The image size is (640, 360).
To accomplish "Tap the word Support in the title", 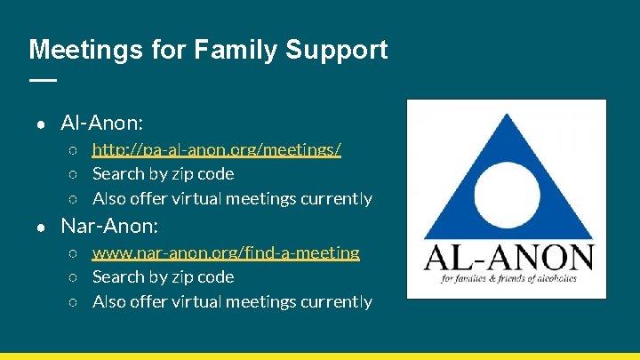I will tap(337, 50).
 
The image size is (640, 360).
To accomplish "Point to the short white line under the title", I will tap(42, 80).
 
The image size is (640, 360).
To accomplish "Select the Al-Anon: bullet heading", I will tap(102, 122).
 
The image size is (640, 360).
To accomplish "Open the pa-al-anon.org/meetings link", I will tap(217, 149).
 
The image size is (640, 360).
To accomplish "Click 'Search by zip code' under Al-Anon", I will tap(163, 174).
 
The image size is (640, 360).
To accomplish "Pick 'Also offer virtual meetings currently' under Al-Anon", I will tap(232, 198).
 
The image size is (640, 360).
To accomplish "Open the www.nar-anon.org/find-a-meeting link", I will tap(226, 252).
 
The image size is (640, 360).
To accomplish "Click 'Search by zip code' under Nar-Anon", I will tap(163, 277).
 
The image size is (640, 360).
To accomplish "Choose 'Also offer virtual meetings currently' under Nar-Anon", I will tap(232, 302).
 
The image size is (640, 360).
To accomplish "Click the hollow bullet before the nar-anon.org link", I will tap(75, 253).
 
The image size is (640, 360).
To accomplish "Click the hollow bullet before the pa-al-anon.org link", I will tap(75, 150).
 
